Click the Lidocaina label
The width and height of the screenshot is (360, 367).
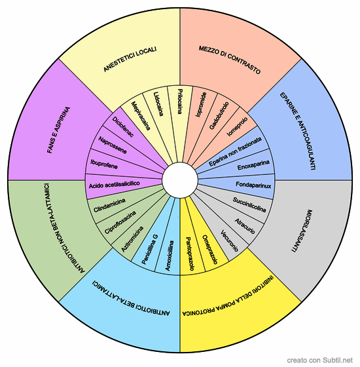(x=158, y=104)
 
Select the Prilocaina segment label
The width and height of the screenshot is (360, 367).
(x=179, y=102)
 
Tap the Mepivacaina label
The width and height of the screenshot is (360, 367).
(x=140, y=115)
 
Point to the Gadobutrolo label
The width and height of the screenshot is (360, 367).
(x=219, y=115)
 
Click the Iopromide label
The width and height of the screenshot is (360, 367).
(x=201, y=105)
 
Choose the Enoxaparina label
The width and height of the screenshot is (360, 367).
(x=253, y=165)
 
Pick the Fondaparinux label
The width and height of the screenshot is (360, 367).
(x=253, y=185)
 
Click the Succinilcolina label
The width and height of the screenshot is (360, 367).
(x=249, y=204)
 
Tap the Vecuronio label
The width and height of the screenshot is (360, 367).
(x=229, y=241)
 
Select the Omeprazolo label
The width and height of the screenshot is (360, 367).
(x=209, y=250)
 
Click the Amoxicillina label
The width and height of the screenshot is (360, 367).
(x=170, y=256)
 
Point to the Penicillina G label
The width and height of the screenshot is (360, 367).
(x=150, y=249)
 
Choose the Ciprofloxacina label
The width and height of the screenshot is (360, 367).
(x=120, y=222)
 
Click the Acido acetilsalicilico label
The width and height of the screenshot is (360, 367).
(x=115, y=184)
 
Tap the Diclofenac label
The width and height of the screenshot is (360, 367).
(x=123, y=127)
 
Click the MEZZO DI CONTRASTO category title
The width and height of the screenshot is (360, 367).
(x=230, y=60)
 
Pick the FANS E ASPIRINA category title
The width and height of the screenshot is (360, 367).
(x=58, y=130)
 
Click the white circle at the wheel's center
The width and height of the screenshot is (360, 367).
(x=180, y=180)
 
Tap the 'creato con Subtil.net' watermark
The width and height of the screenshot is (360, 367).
(x=319, y=360)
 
